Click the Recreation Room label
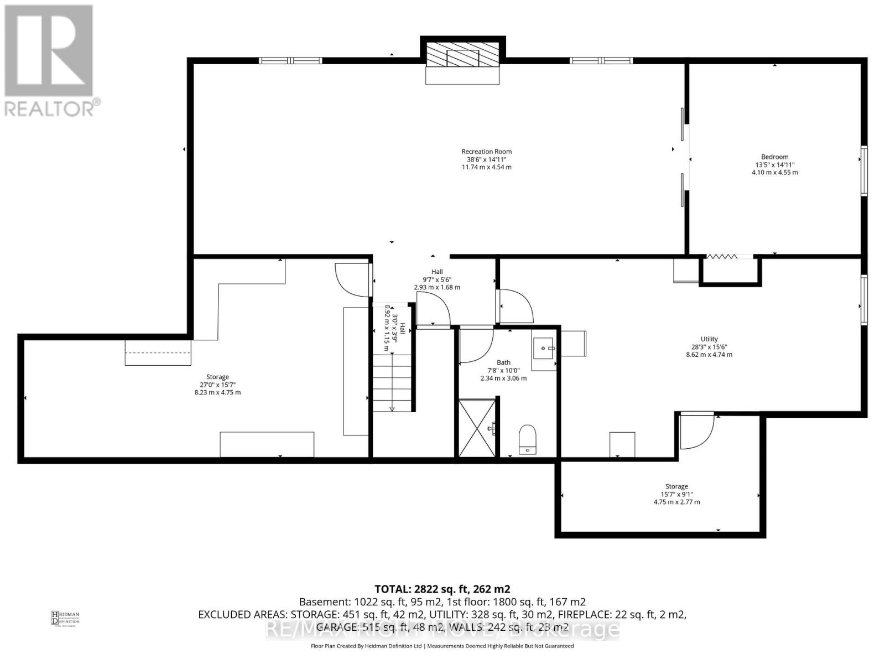coord(486,152)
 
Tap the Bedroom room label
coord(774,157)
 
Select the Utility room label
coord(709,339)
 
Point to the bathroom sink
coord(544,349)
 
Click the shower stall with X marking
coord(477,428)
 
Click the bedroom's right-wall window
coord(864,170)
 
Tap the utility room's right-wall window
coord(864,299)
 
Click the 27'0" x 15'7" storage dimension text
coord(217,385)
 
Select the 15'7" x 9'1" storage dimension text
coord(676,495)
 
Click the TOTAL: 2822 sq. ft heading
coord(442,589)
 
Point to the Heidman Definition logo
coord(65,618)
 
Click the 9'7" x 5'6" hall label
coord(436,279)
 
